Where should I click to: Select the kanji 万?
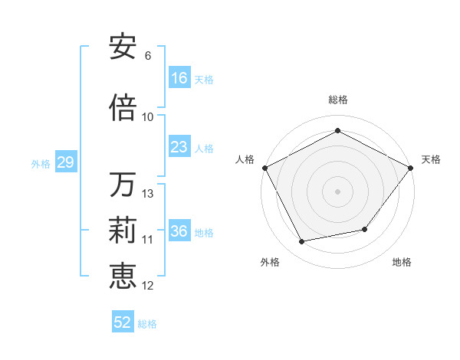[123, 185]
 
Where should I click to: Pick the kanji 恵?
[123, 276]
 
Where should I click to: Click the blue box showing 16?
[179, 78]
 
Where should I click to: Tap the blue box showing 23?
[179, 147]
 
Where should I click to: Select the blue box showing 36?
[179, 232]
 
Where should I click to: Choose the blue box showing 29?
[65, 163]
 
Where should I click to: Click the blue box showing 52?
[123, 322]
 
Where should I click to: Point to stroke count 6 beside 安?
[147, 56]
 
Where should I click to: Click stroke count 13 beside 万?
[148, 194]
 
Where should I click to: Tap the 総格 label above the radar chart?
[338, 100]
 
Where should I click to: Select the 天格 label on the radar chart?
[432, 159]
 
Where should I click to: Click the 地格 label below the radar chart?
[402, 263]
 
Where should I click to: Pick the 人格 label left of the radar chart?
[245, 159]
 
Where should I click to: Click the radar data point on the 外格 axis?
[302, 242]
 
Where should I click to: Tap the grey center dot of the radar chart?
[338, 191]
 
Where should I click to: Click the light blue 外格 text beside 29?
[41, 163]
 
